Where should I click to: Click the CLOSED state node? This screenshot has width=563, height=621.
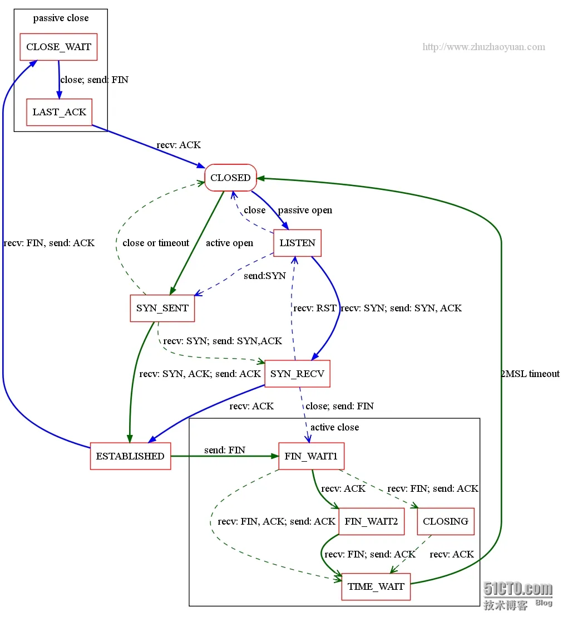point(231,178)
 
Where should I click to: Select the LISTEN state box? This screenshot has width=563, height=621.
point(298,243)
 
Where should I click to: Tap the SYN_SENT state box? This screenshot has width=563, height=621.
point(162,308)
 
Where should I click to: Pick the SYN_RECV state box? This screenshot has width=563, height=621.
point(297,374)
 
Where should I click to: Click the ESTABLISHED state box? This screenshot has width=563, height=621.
point(130,456)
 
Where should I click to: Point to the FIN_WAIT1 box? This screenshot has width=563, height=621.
point(311,456)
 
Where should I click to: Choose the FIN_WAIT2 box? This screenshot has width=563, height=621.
point(371,521)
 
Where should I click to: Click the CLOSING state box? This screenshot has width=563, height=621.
point(446,521)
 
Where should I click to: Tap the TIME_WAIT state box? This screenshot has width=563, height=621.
point(376,586)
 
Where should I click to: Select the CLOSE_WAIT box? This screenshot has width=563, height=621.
point(58,47)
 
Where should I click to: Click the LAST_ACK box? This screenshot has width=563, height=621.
point(60,112)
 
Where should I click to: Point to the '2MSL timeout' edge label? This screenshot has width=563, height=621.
point(530,374)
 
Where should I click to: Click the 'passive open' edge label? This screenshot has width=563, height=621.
point(305,210)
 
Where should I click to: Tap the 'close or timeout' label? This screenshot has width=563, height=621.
point(156,243)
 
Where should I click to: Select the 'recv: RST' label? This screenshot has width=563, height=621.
point(315,308)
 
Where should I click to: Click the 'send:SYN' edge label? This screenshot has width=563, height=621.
point(265,276)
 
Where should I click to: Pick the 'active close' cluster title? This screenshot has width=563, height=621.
point(335,427)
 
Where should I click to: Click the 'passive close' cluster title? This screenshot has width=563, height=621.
point(61,18)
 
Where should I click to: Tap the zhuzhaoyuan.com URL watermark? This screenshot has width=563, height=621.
point(484,47)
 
